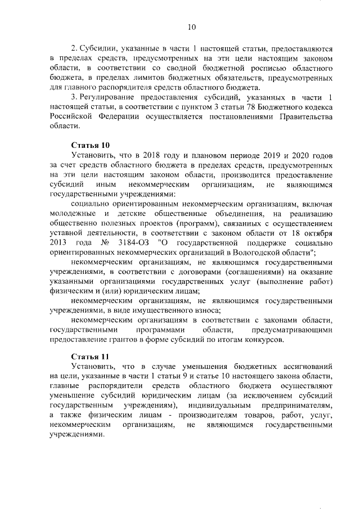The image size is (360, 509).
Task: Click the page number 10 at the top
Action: click(191, 26)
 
